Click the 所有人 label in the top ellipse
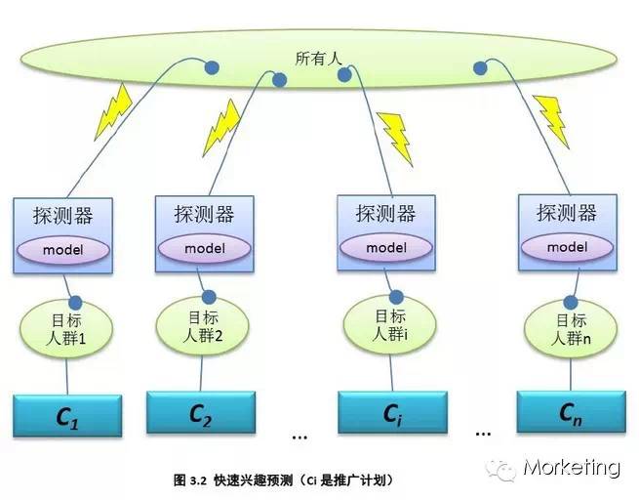coord(318,60)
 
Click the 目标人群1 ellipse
coord(65,327)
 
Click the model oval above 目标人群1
coord(62,250)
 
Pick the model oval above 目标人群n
coord(567,247)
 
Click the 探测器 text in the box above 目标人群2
coord(204,214)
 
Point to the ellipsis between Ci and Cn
coord(482,431)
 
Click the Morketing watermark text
coord(571,468)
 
